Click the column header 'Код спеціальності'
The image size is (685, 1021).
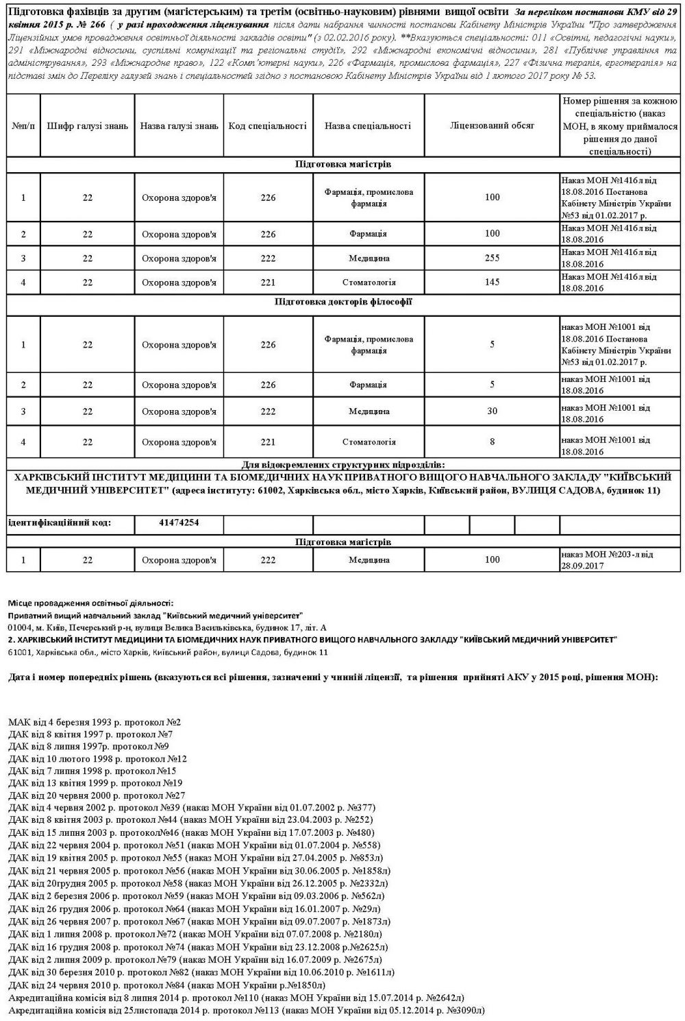coord(267,126)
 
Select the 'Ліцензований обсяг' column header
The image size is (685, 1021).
coord(492,126)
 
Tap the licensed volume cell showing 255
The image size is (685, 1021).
coord(492,259)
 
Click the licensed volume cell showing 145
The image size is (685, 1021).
coord(492,282)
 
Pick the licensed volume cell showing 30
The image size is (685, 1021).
coord(492,411)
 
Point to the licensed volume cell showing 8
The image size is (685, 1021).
coord(492,442)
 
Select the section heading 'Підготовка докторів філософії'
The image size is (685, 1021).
coord(343,302)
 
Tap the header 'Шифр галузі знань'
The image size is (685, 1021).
coord(88,126)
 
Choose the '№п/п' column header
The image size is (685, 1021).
coord(23,126)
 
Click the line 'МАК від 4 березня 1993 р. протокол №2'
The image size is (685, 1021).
coord(95,723)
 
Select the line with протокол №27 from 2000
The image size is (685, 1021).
coord(97,795)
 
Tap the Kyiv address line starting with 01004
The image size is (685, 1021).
coord(168,627)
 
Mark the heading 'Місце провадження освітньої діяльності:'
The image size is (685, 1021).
coord(91,603)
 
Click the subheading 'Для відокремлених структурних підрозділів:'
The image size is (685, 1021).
coord(343,464)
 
